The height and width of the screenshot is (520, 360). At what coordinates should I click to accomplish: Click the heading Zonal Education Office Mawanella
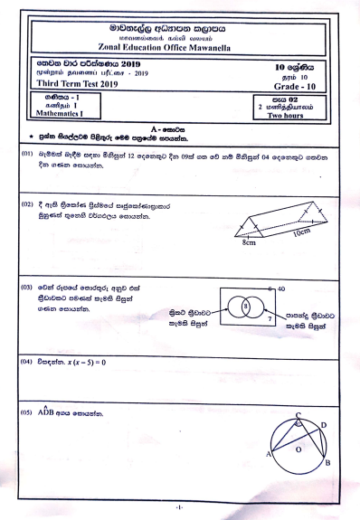tap(180, 47)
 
